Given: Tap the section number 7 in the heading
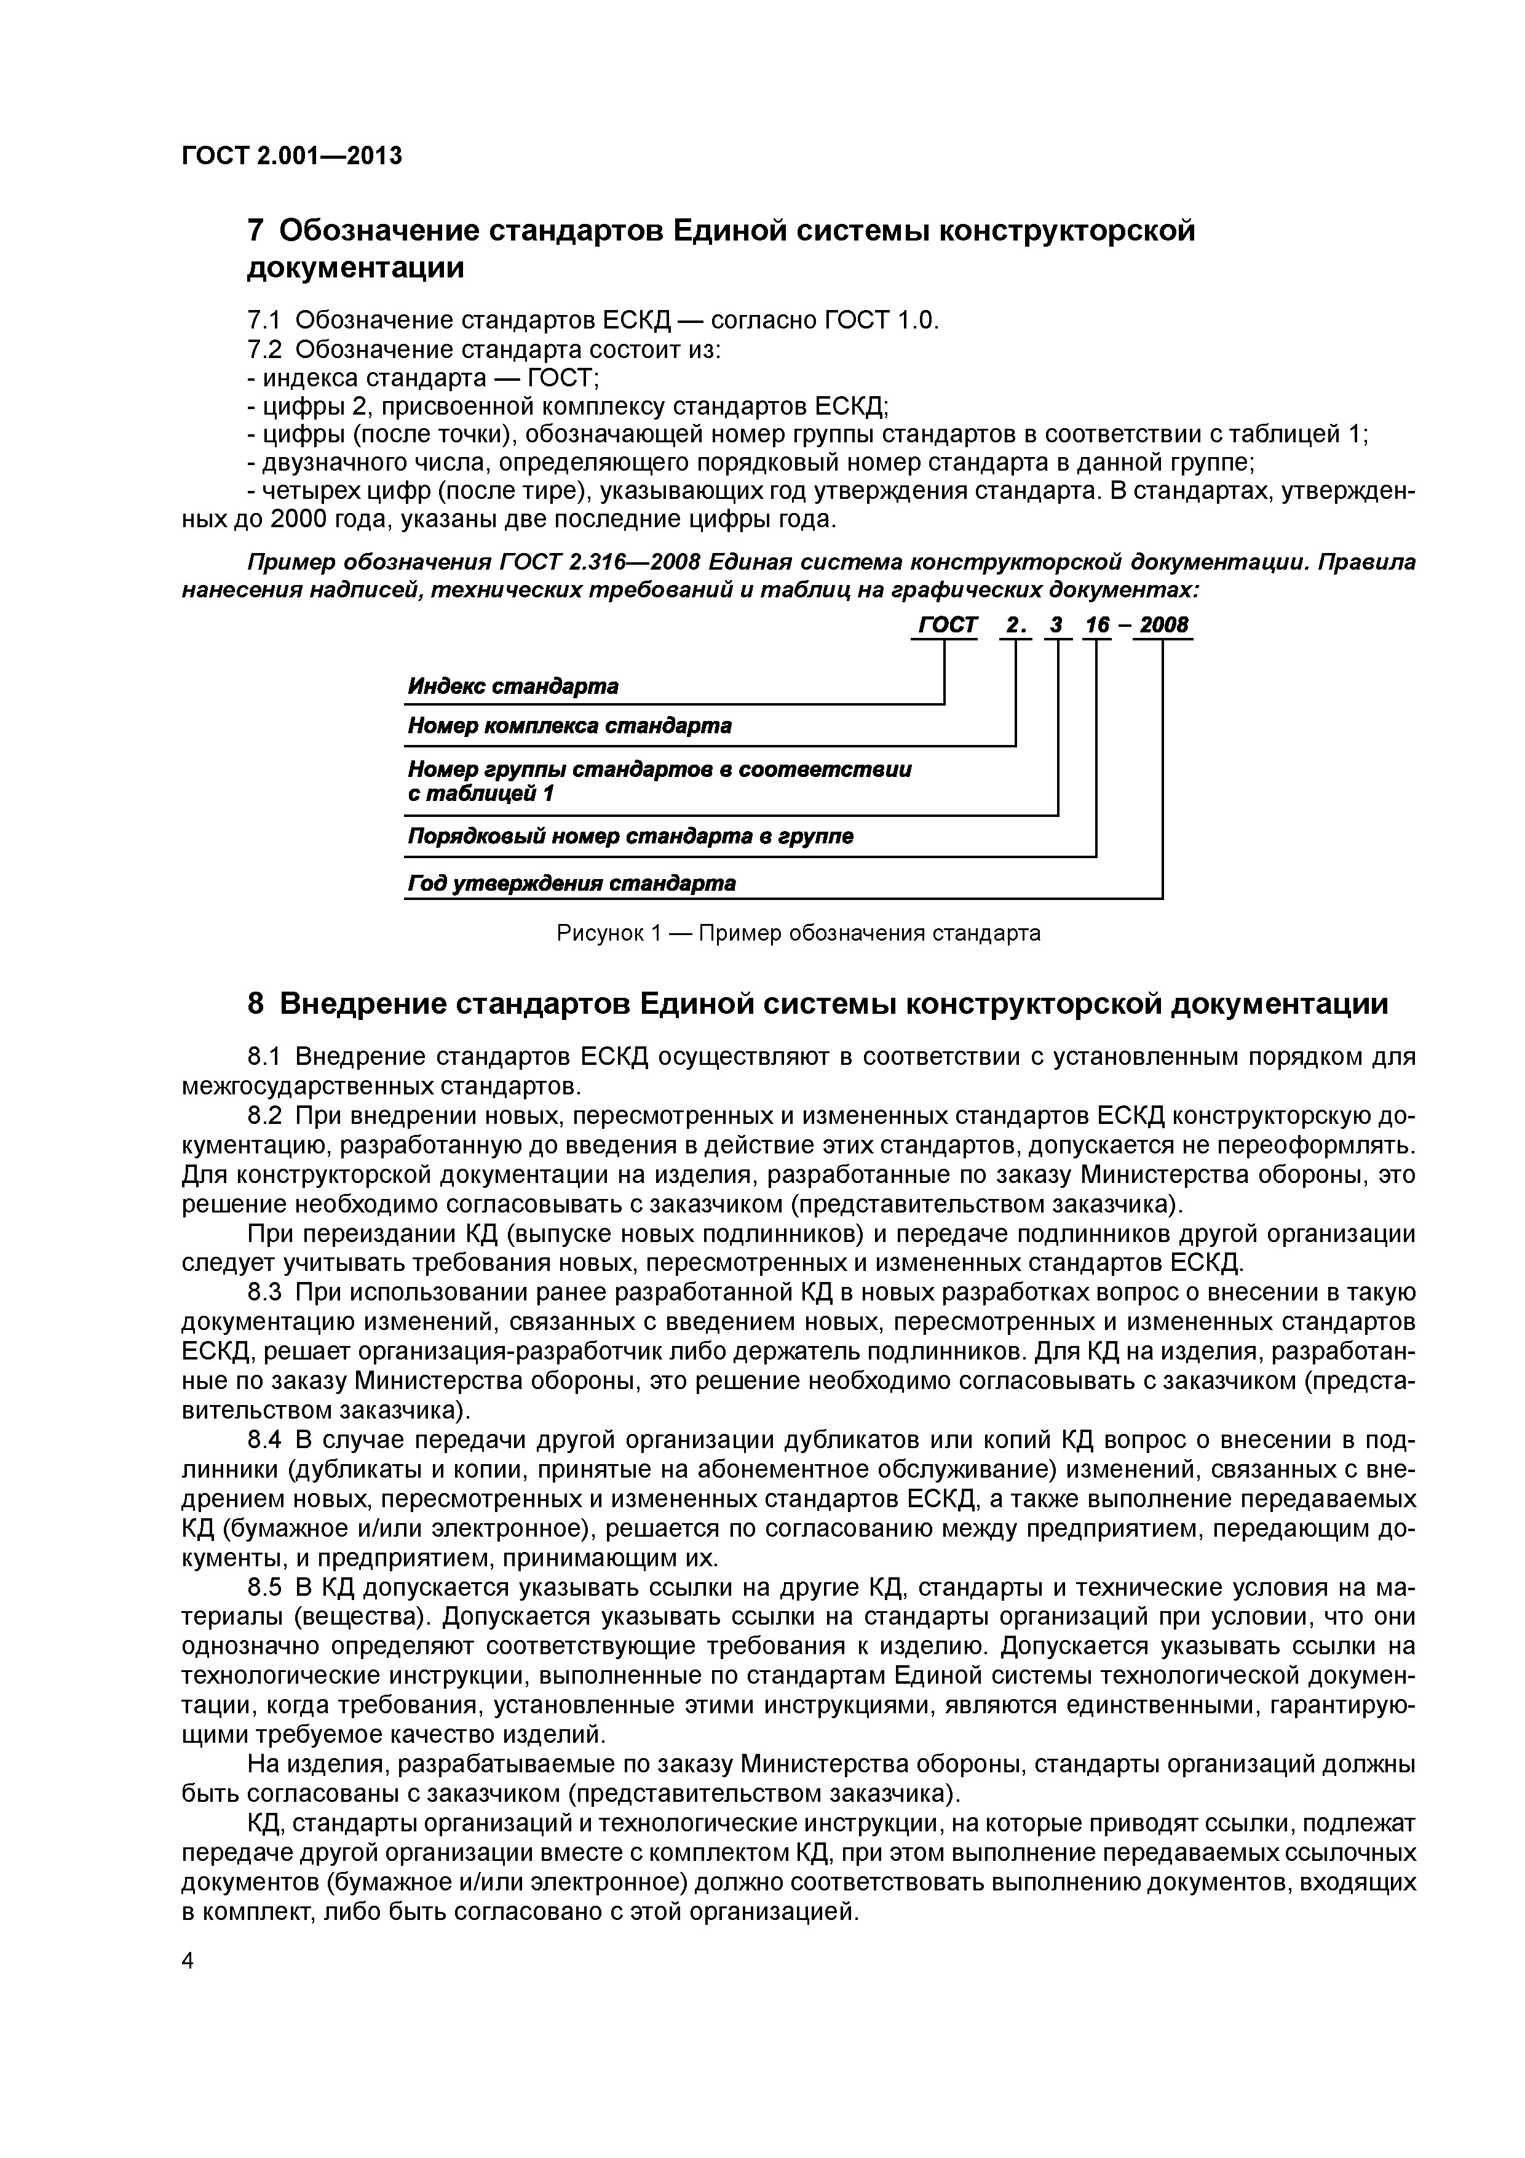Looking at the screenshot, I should pos(256,231).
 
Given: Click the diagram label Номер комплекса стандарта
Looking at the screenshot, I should pos(569,727).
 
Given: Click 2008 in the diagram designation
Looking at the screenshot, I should pos(1163,625).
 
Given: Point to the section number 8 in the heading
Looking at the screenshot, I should pos(256,1005).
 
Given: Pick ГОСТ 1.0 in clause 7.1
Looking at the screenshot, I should pos(881,321).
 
